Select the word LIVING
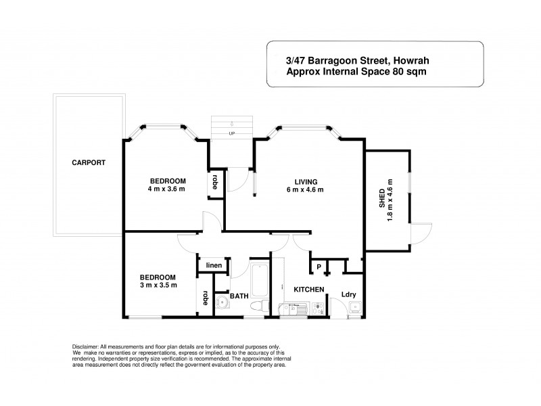[x=305, y=181]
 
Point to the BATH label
[x=239, y=296]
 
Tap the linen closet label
[x=214, y=265]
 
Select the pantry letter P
[x=319, y=267]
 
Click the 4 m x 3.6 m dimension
[x=166, y=189]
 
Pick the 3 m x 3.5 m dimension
[x=158, y=285]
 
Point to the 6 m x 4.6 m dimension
[x=305, y=189]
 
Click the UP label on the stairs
[x=231, y=133]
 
